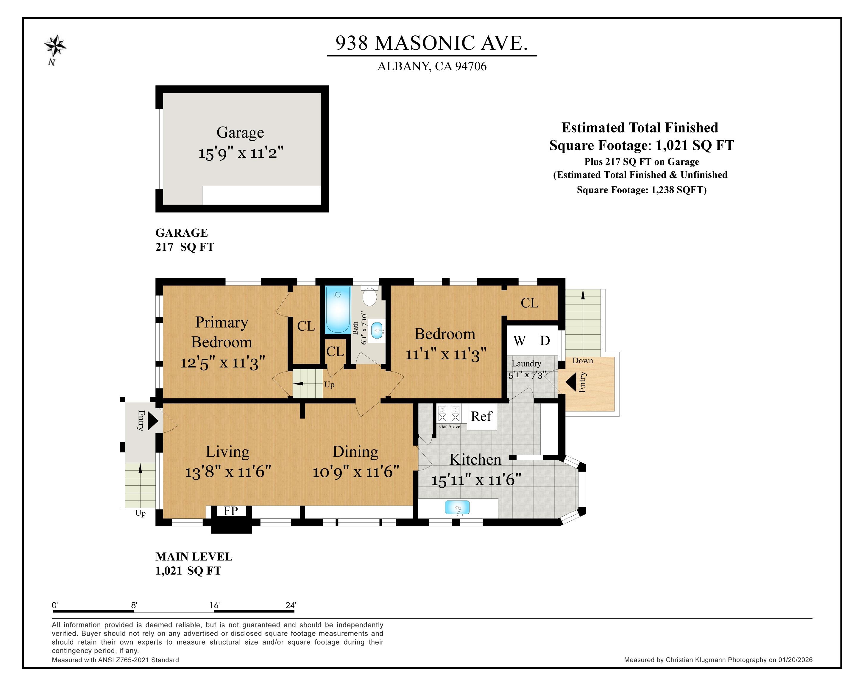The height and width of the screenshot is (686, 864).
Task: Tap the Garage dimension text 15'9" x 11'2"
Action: (241, 153)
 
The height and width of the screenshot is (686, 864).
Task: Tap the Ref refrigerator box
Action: (481, 416)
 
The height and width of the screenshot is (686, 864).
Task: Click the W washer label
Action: (519, 341)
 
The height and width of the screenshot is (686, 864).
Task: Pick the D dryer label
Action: (545, 341)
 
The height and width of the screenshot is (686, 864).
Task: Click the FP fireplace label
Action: (231, 511)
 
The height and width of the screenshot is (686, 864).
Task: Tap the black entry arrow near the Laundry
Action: (571, 382)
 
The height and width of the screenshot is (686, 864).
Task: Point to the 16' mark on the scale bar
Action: (215, 605)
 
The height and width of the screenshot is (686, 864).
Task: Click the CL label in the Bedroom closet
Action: (529, 303)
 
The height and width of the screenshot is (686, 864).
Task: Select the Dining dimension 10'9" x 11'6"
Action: (356, 472)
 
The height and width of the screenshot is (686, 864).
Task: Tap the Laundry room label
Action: (526, 364)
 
